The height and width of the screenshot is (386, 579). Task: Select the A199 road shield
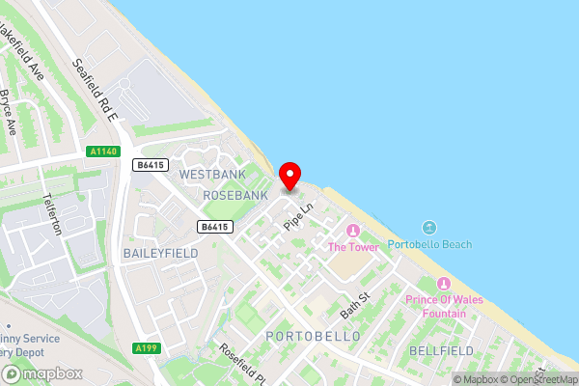point(147,348)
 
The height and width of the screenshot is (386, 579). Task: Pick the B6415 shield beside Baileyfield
point(216,227)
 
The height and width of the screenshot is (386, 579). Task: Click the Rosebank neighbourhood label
point(234,195)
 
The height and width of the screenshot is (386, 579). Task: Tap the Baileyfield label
point(159,252)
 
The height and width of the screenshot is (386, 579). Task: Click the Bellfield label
point(443,349)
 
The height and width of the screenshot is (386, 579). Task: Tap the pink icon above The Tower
point(352,230)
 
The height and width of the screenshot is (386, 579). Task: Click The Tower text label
point(353,247)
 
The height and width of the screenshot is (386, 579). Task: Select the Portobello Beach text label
point(429,245)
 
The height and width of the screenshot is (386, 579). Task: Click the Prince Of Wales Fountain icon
point(444,284)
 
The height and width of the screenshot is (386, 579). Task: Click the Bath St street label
point(355,306)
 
